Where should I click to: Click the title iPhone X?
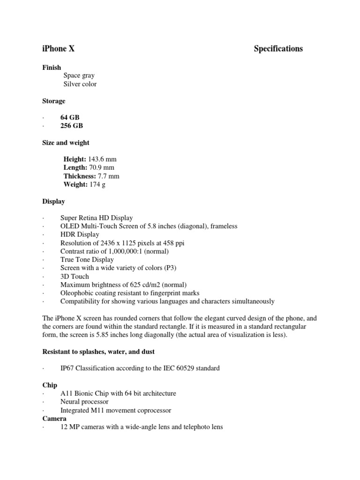click(x=59, y=49)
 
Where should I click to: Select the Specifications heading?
click(x=278, y=49)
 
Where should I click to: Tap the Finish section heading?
click(x=52, y=67)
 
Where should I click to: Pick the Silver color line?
click(x=80, y=84)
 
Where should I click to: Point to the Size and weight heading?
click(x=66, y=142)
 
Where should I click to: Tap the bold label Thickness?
click(x=79, y=176)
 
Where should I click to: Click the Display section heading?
click(x=54, y=202)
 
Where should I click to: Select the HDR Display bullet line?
click(x=80, y=234)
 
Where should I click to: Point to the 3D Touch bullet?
click(x=75, y=277)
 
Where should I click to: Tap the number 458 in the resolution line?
click(x=172, y=243)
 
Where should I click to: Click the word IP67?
click(x=68, y=368)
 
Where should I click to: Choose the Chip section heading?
click(x=50, y=385)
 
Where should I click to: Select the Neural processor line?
click(x=84, y=402)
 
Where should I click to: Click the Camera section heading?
click(x=54, y=419)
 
